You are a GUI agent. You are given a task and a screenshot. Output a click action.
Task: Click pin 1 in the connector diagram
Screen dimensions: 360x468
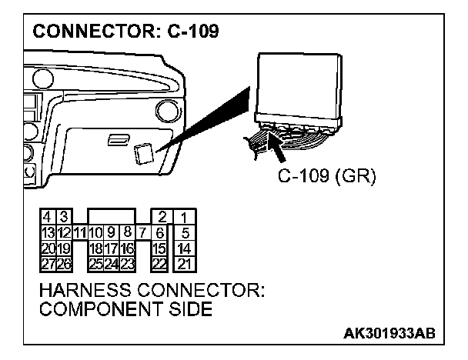coord(186,217)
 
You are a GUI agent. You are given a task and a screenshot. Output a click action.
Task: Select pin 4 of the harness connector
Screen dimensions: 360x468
coord(48,217)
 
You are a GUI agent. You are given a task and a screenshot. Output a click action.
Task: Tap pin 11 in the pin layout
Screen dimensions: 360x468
coord(79,231)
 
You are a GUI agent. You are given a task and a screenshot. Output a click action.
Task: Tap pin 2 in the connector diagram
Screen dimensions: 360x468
coord(162,217)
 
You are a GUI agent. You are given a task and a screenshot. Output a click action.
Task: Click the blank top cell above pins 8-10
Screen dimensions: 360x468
coord(112,215)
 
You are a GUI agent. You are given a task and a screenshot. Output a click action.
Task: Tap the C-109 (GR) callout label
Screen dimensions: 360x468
coord(327,178)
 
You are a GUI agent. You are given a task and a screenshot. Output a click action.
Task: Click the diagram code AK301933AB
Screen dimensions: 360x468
coord(390,333)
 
